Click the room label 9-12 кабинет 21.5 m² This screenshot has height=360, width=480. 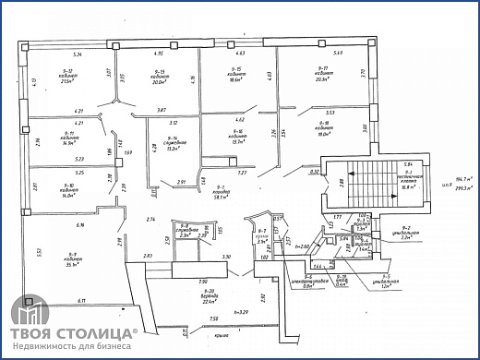tap(66, 77)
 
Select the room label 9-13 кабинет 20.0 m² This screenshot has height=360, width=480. tap(159, 77)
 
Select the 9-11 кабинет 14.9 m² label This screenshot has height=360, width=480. tap(67, 138)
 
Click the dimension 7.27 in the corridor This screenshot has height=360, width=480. tap(242, 174)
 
